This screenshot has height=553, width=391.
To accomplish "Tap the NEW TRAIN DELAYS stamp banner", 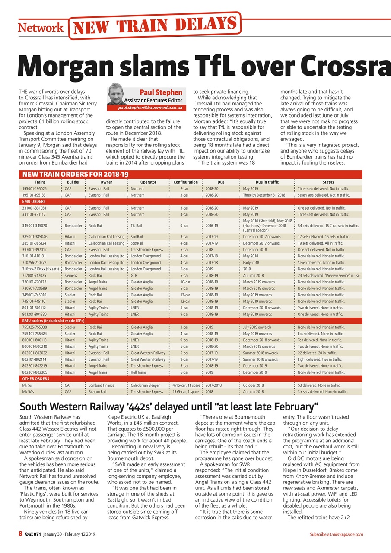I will point(154,27).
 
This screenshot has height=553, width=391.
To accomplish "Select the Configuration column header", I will point(185,182).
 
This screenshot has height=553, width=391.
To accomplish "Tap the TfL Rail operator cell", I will point(136,226).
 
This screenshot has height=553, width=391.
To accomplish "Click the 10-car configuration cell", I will point(184,282).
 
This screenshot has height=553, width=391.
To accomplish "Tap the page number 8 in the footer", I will point(20,534).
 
